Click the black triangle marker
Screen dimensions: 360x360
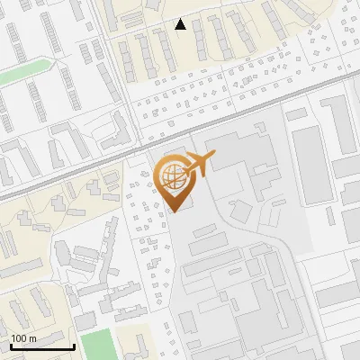coord(181,24)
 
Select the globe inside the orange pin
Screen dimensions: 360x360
coord(171,177)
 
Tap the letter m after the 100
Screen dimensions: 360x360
coord(32,337)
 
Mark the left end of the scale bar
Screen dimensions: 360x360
coord(12,346)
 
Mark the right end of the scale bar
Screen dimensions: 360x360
coord(74,346)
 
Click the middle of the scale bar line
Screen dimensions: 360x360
coord(42,346)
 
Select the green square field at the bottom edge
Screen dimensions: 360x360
coord(97,345)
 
